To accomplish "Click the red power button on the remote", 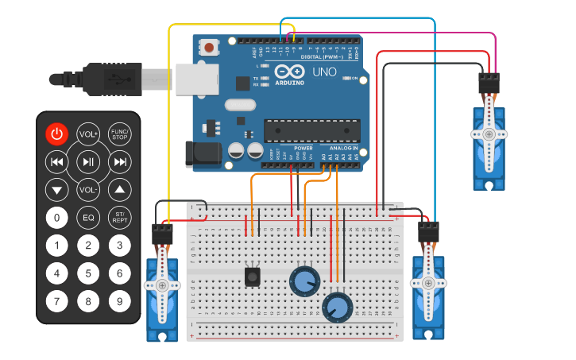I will pos(56,134).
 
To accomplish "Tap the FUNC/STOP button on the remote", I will pos(119,134).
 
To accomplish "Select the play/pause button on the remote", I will pos(88,163).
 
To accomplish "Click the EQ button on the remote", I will pos(88,217).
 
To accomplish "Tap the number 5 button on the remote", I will pos(88,273).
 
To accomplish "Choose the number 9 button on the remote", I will pos(119,301).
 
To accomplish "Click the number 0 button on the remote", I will pos(56,217).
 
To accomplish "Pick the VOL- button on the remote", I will pos(88,190).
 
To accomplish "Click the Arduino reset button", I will pos(209,48).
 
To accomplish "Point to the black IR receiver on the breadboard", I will pos(253,277).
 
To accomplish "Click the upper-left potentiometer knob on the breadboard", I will pos(303,281).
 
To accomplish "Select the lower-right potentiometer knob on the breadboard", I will pos(337,307).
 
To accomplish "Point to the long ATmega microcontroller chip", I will pos(306,130).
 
